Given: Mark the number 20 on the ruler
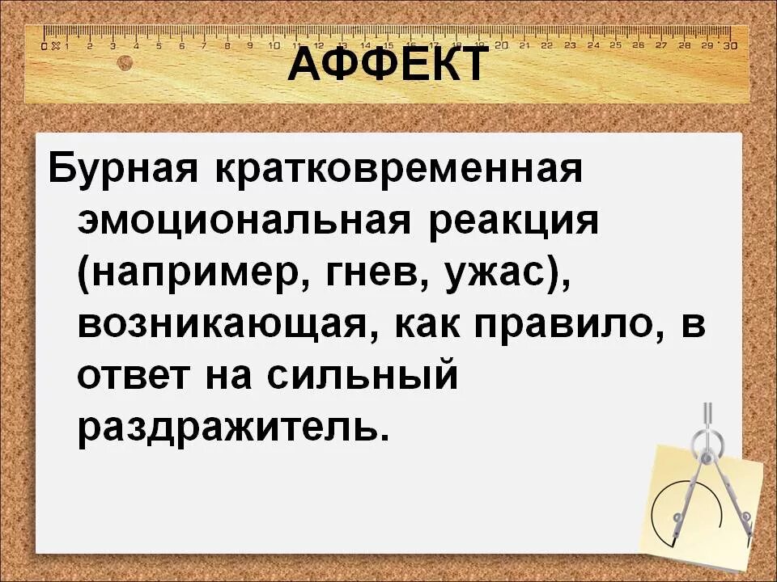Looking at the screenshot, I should (502, 45).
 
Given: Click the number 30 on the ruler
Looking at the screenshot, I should (730, 46).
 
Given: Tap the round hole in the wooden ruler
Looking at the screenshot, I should (125, 63).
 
